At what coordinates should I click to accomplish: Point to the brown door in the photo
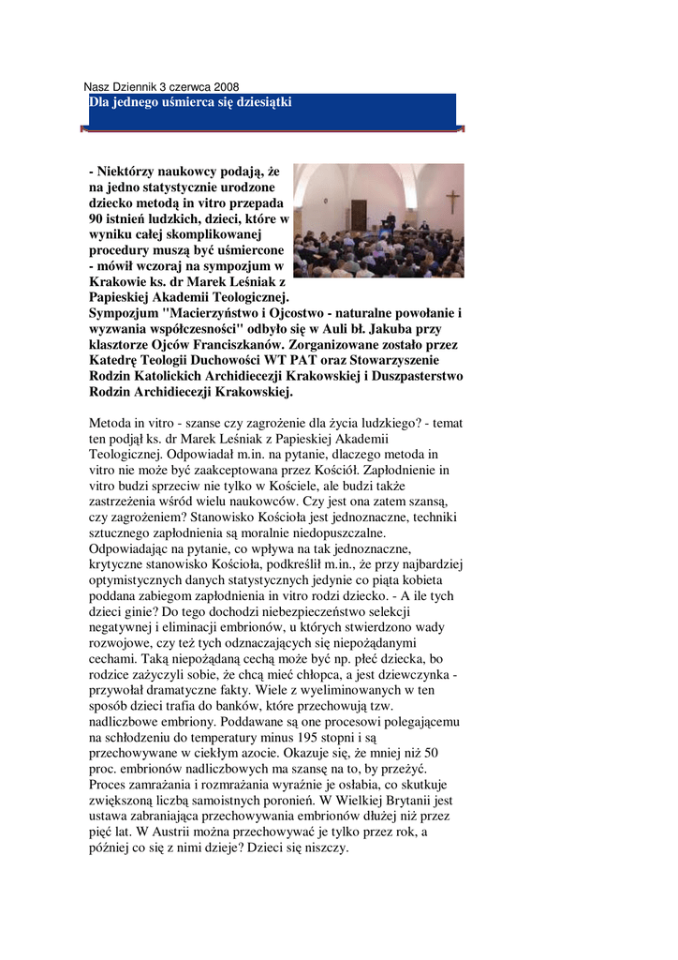(x=359, y=215)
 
